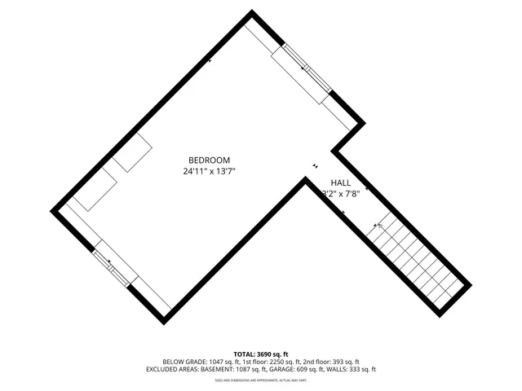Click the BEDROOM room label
tap(209, 160)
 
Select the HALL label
tap(340, 183)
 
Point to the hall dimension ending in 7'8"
tap(340, 194)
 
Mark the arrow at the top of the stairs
tap(379, 226)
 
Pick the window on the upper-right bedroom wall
tap(302, 73)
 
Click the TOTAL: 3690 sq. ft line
tap(261, 354)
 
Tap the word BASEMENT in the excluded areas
tap(223, 369)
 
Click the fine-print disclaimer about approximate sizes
tap(261, 380)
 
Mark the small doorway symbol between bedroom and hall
tap(316, 168)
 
